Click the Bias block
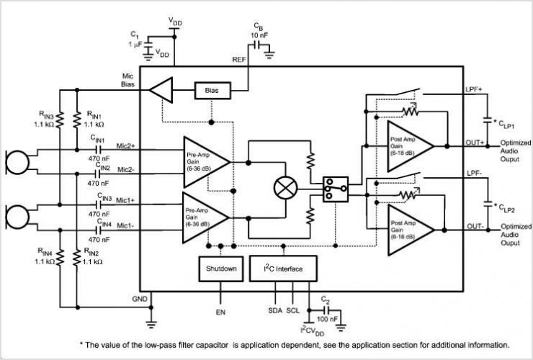pos(212,91)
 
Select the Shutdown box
pos(221,269)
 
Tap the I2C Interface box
pos(283,269)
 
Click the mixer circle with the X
pos(285,188)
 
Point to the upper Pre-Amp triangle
pos(204,162)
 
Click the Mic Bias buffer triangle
pos(161,90)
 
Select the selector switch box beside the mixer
pos(336,189)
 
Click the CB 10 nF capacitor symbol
pos(258,45)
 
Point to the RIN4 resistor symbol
pos(61,258)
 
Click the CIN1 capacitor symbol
pos(98,149)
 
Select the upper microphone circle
pos(18,163)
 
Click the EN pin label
pos(220,312)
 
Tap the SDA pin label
pos(275,311)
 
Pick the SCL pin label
pos(293,311)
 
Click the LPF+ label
pos(474,89)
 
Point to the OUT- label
pos(475,226)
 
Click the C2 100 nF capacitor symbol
pos(326,310)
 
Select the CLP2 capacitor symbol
pos(488,204)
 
